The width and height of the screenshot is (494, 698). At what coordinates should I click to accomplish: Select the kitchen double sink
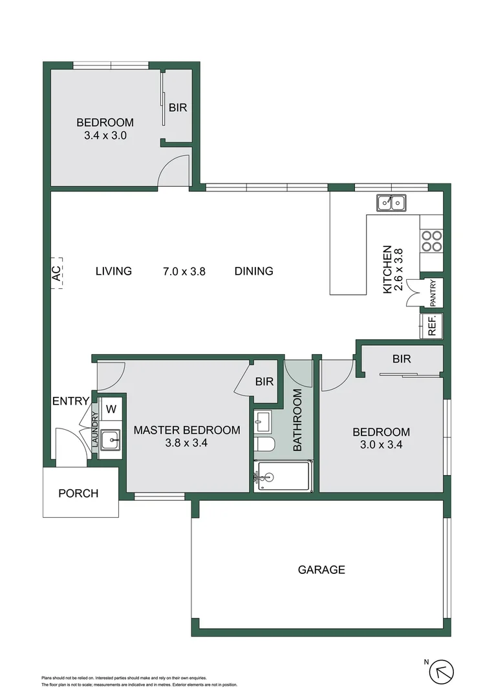tap(391, 203)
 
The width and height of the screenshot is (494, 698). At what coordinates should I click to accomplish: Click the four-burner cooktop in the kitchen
tap(431, 241)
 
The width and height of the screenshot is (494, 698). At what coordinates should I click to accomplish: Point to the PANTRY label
tap(433, 293)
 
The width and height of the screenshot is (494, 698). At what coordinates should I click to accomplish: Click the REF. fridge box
tap(432, 325)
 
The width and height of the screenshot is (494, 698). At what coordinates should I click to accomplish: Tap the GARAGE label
tap(321, 569)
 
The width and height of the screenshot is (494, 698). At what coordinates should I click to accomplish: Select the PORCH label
tap(78, 493)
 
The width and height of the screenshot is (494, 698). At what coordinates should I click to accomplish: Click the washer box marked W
tap(111, 408)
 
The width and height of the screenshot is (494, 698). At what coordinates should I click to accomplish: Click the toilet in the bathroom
tap(264, 443)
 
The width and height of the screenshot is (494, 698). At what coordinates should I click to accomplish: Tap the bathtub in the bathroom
tap(283, 476)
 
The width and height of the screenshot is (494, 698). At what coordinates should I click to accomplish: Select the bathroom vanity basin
tap(263, 423)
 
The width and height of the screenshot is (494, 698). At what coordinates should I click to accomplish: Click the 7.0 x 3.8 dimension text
tap(184, 271)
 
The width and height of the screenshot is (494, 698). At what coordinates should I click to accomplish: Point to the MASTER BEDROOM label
tap(186, 430)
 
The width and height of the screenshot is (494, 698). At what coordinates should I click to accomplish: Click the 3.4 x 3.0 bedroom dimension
tap(105, 136)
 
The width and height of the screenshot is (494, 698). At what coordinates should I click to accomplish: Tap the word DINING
tap(253, 271)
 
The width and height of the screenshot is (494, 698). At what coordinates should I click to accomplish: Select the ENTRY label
tap(70, 401)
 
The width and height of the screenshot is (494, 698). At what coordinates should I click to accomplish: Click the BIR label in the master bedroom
tap(264, 381)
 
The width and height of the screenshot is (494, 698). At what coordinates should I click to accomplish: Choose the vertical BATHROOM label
tap(298, 420)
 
